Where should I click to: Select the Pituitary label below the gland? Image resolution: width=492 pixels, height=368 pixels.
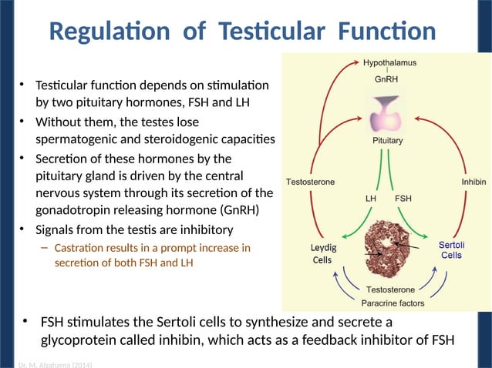click(x=388, y=141)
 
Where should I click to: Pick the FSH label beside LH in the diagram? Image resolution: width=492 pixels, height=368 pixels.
click(x=403, y=198)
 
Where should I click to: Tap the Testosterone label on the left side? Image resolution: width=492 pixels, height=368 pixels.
click(x=310, y=182)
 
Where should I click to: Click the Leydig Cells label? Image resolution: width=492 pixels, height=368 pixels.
click(x=323, y=254)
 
